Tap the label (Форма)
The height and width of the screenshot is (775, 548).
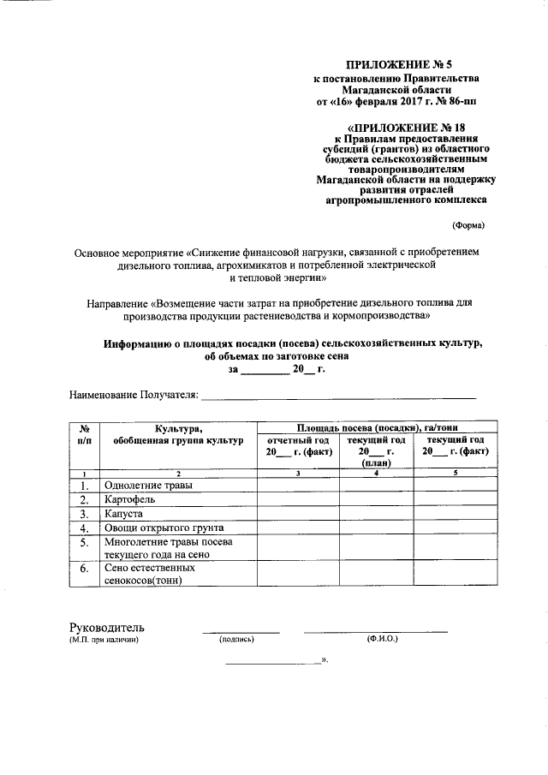468,226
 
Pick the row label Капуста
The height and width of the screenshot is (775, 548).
122,514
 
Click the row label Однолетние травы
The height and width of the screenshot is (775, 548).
148,486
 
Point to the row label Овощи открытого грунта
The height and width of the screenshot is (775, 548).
164,528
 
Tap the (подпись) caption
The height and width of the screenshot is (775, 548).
237,640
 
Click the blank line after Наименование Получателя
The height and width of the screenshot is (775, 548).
338,396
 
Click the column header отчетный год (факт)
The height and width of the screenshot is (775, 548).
296,445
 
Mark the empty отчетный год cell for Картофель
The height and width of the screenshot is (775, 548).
296,500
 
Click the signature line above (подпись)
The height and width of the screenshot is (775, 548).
241,632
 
